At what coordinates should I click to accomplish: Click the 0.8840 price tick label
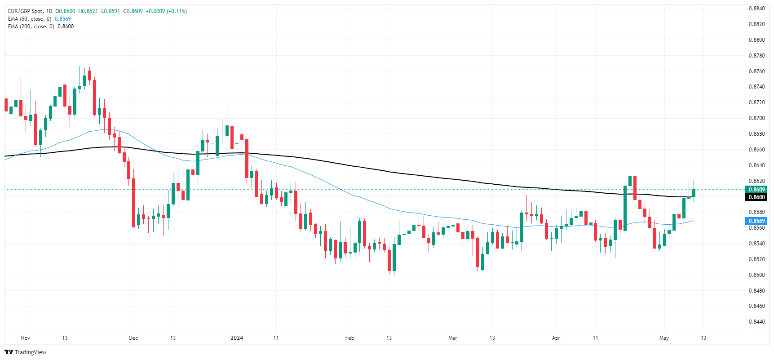click(x=756, y=9)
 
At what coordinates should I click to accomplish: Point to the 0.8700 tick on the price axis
click(x=756, y=118)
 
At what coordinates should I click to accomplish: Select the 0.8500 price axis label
click(x=756, y=275)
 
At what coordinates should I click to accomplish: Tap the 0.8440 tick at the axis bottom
click(x=756, y=322)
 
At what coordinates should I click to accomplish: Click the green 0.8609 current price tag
click(x=756, y=190)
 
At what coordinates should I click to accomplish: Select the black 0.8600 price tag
click(x=756, y=197)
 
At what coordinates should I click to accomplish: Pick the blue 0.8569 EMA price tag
click(x=756, y=221)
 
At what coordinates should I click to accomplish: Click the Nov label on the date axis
click(x=26, y=338)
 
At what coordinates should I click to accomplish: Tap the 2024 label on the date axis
click(x=237, y=338)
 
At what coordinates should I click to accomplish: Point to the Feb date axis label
click(x=349, y=338)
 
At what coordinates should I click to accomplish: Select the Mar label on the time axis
click(x=453, y=338)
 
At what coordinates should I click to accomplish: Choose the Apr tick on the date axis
click(x=556, y=338)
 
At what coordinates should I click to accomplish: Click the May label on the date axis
click(x=664, y=338)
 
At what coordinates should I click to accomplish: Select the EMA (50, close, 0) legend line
click(x=30, y=19)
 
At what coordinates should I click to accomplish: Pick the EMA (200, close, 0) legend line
click(x=31, y=27)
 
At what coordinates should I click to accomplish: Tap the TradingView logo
click(x=26, y=352)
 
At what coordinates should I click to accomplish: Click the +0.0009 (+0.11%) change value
click(x=166, y=11)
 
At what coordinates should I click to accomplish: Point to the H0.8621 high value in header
click(x=88, y=11)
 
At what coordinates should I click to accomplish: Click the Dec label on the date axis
click(x=133, y=338)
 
